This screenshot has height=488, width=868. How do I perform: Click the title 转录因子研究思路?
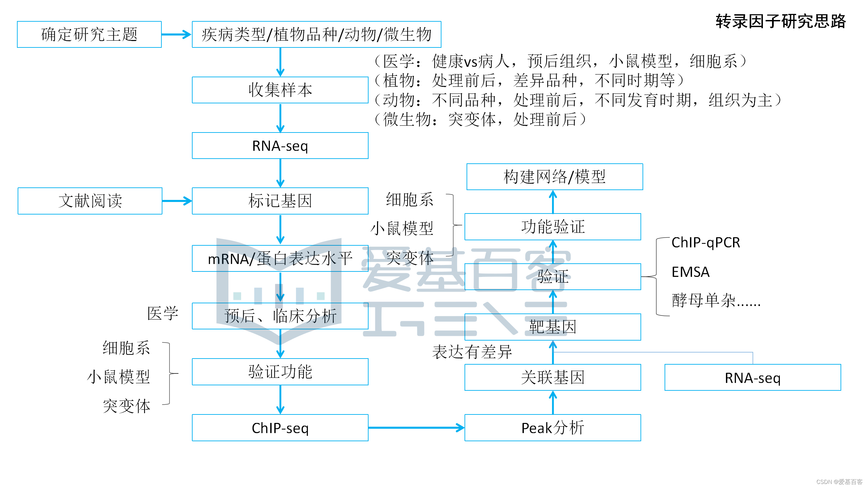pyautogui.click(x=780, y=22)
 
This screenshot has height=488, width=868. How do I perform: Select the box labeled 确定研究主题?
pyautogui.click(x=89, y=35)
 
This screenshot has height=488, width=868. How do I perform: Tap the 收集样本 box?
pyautogui.click(x=280, y=90)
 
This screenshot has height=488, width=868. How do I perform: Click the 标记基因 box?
pyautogui.click(x=280, y=201)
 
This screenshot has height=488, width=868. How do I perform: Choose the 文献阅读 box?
pyautogui.click(x=90, y=201)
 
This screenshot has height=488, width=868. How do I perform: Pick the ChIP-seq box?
pyautogui.click(x=280, y=428)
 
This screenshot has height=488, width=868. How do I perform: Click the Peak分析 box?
pyautogui.click(x=553, y=428)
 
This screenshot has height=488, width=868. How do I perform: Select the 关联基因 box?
pyautogui.click(x=553, y=378)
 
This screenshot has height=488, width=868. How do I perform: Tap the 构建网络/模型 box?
pyautogui.click(x=555, y=177)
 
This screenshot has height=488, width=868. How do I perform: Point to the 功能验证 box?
pyautogui.click(x=553, y=227)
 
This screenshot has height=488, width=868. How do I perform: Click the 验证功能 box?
pyautogui.click(x=280, y=372)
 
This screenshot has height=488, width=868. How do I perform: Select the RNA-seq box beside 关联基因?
pyautogui.click(x=753, y=378)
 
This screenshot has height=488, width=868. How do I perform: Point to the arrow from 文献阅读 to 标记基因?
pyautogui.click(x=177, y=201)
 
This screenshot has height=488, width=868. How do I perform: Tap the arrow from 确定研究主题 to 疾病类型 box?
pyautogui.click(x=177, y=35)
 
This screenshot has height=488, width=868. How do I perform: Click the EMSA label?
pyautogui.click(x=690, y=272)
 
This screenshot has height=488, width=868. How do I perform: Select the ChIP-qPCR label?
pyautogui.click(x=706, y=243)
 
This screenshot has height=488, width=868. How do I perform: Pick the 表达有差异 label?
pyautogui.click(x=472, y=352)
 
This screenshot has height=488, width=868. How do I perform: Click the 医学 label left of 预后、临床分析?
pyautogui.click(x=163, y=313)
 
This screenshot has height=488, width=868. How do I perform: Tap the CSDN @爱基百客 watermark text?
pyautogui.click(x=839, y=482)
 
